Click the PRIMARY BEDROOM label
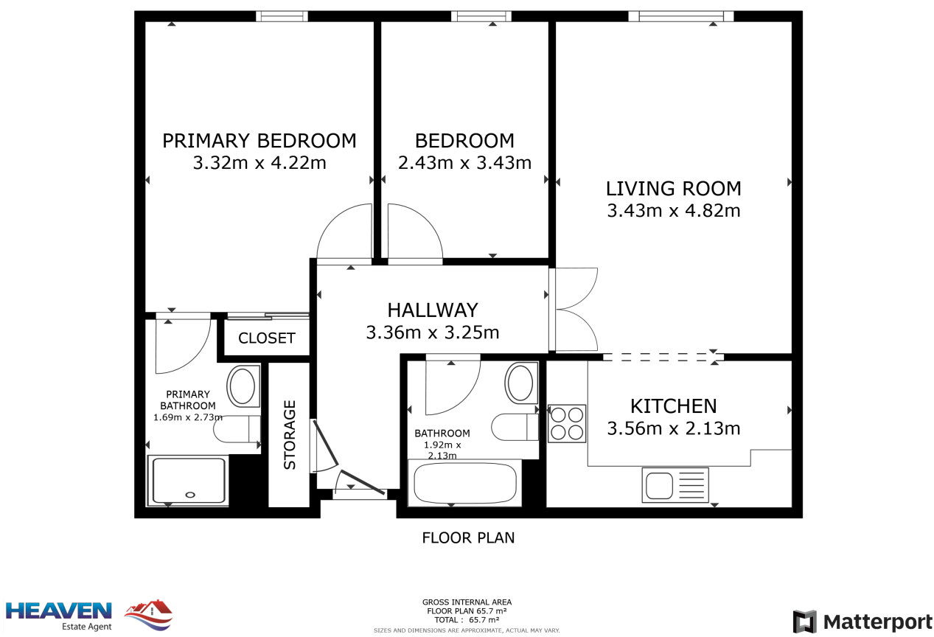(259, 141)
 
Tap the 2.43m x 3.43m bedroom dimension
(464, 163)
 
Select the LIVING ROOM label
(673, 189)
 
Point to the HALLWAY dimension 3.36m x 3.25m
(433, 333)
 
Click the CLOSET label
(267, 338)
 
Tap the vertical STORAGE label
(290, 435)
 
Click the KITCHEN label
(673, 406)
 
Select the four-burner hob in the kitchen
(567, 423)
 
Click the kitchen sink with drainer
(675, 485)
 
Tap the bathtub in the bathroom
(464, 483)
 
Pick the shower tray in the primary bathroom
(188, 481)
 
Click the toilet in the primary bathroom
(237, 429)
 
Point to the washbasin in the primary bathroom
(243, 386)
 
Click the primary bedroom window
(282, 16)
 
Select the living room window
(681, 16)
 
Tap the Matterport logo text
(878, 622)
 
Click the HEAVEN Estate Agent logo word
(59, 611)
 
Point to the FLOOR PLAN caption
(468, 537)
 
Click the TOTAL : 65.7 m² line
(467, 620)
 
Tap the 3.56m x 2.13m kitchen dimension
(673, 428)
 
